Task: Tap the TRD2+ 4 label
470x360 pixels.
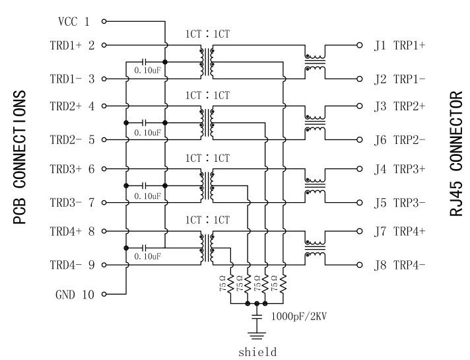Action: point(73,106)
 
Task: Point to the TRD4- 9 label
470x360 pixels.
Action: point(73,265)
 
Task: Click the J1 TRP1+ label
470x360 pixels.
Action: point(399,46)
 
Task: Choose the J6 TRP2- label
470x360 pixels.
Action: point(399,140)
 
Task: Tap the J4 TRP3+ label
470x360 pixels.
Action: point(399,168)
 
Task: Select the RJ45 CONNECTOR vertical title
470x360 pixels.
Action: point(455,155)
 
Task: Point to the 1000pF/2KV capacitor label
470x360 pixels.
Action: point(300,316)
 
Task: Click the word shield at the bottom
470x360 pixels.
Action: point(257,351)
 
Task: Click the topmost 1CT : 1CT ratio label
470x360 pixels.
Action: point(207,34)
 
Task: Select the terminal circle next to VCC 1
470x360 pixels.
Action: point(104,22)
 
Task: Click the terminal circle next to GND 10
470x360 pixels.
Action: point(104,295)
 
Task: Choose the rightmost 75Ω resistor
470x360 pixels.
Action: point(282,285)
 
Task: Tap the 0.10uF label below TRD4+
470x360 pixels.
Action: point(147,255)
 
